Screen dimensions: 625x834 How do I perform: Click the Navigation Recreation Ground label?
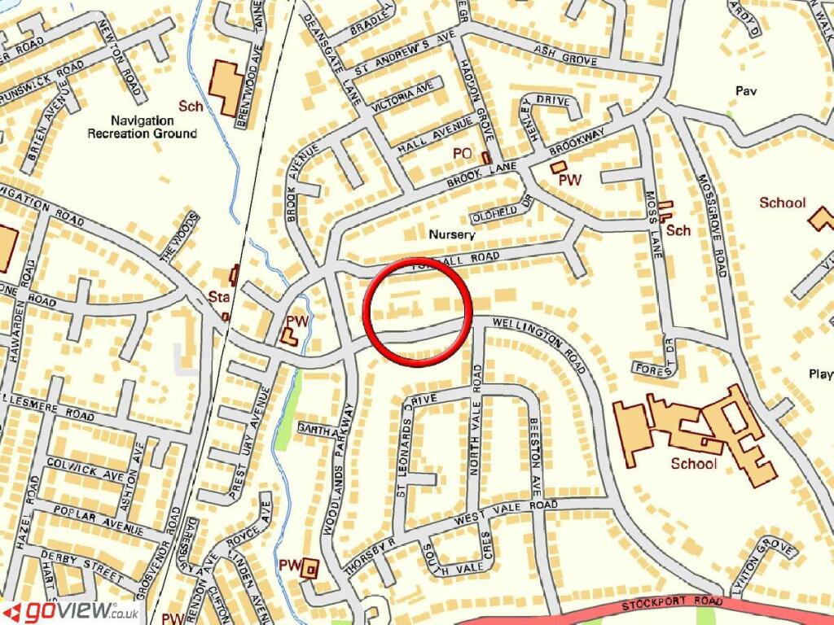point(143,126)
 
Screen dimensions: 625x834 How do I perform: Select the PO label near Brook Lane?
point(463,154)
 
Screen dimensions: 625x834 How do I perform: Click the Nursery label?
point(451,234)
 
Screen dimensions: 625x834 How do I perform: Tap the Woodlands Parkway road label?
point(339,467)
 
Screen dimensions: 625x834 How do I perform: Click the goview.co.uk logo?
point(71,611)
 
